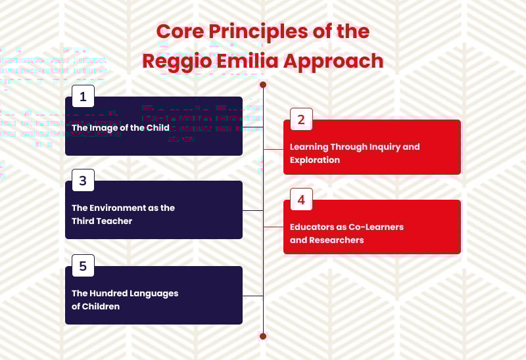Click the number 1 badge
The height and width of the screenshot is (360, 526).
coord(83,97)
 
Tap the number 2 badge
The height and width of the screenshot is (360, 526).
coord(301,120)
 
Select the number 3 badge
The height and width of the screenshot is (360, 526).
coord(83,181)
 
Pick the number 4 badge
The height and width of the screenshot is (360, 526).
coord(301,200)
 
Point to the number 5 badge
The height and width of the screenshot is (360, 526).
coord(83,266)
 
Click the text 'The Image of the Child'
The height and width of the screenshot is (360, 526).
coord(120,127)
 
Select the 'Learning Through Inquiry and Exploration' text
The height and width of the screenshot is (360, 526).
coord(354,153)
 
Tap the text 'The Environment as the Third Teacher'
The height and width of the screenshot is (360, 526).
coord(123,214)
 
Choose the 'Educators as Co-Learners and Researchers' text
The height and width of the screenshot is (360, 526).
coord(347,233)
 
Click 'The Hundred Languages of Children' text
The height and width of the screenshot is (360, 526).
coord(125,300)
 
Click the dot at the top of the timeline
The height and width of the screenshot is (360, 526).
coord(263,85)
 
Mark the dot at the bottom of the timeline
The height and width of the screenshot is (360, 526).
coord(263,336)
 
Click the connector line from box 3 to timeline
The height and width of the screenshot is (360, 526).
coord(253,210)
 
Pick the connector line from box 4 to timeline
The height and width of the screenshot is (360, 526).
coord(274,227)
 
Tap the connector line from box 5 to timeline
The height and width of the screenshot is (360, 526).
coord(253,296)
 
